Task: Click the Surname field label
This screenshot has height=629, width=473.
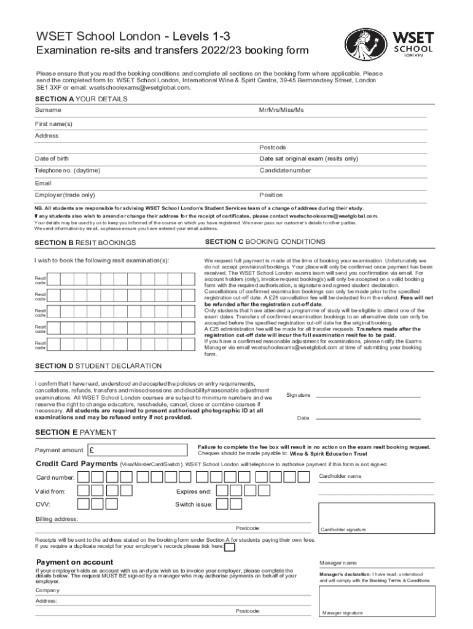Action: click(48, 110)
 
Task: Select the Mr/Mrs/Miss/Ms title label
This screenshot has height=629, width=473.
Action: click(281, 110)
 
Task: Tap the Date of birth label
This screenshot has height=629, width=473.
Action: click(52, 158)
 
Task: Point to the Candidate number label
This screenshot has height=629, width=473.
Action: click(285, 170)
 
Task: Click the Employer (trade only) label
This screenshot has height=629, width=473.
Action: click(64, 195)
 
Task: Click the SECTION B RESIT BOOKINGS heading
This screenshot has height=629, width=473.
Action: click(85, 243)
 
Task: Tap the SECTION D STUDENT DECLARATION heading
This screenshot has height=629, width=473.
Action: click(98, 366)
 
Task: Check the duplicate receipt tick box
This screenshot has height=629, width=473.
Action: click(229, 545)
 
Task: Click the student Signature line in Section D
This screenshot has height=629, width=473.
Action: click(375, 395)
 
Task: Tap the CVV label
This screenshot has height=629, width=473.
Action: click(42, 504)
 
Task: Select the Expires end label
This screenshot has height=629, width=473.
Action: click(193, 491)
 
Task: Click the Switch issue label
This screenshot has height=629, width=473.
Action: click(194, 504)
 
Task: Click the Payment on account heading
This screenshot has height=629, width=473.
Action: click(74, 562)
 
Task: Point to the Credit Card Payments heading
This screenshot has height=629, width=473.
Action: click(76, 464)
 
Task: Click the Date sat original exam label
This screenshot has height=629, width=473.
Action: click(308, 158)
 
